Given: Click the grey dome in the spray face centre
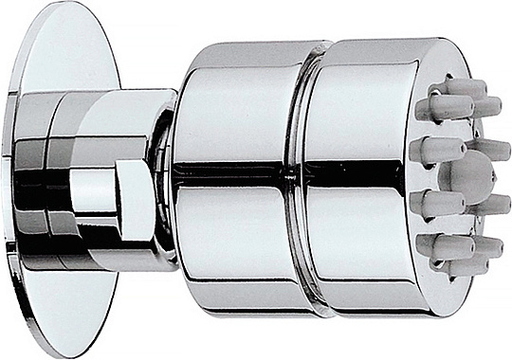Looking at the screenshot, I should (x=471, y=175).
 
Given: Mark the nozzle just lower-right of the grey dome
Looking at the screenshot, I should (x=491, y=204).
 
